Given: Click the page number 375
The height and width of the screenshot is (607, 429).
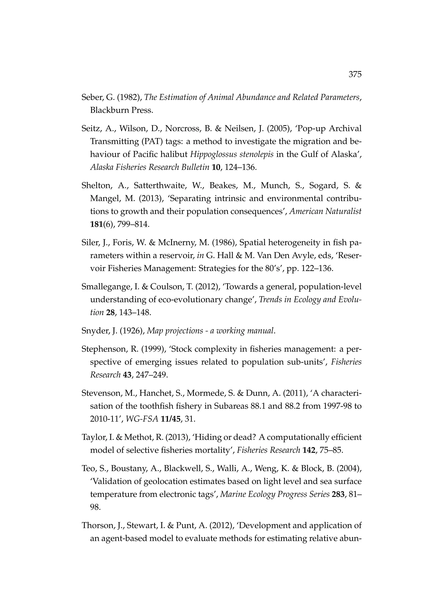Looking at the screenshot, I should click(355, 75).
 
